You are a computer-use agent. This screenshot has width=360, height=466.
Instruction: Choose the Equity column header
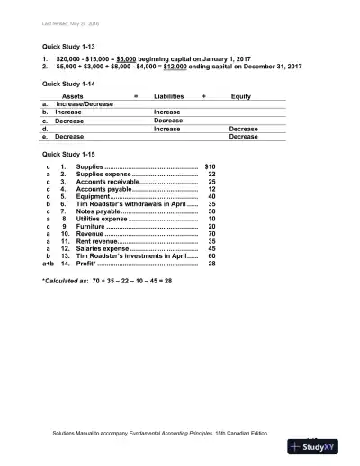coord(241,95)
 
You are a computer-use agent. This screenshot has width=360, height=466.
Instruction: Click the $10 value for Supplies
coord(211,167)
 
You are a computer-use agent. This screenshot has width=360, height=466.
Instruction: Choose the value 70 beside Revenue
coord(211,234)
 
